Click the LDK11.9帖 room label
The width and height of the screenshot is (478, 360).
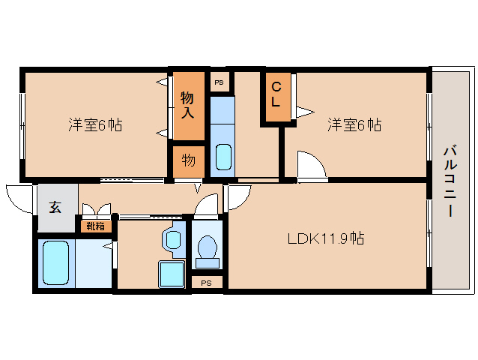pyautogui.click(x=326, y=238)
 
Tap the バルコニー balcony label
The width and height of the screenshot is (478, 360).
pyautogui.click(x=450, y=181)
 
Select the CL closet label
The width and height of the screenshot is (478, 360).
pyautogui.click(x=276, y=94)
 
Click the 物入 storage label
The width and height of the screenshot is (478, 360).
pyautogui.click(x=187, y=105)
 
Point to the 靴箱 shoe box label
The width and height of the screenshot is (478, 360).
pyautogui.click(x=96, y=226)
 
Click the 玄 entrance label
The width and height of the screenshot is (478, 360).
pyautogui.click(x=55, y=207)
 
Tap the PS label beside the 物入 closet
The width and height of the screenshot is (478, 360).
pyautogui.click(x=219, y=82)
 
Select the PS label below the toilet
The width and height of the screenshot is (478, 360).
pyautogui.click(x=206, y=283)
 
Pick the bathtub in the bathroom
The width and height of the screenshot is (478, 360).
pyautogui.click(x=55, y=262)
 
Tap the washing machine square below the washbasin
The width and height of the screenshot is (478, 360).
pyautogui.click(x=172, y=274)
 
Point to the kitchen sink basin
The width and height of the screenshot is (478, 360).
pyautogui.click(x=223, y=157)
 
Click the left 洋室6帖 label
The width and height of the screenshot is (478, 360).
pyautogui.click(x=95, y=124)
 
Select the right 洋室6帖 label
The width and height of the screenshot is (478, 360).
pyautogui.click(x=354, y=124)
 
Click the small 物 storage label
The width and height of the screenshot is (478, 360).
pyautogui.click(x=189, y=160)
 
